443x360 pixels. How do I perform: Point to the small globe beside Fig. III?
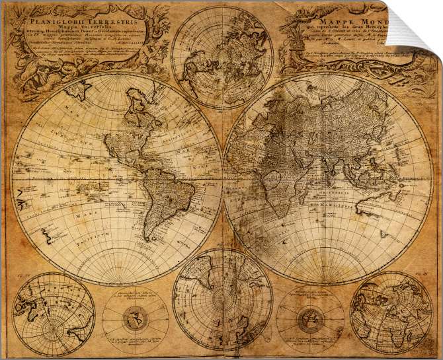(391, 312)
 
